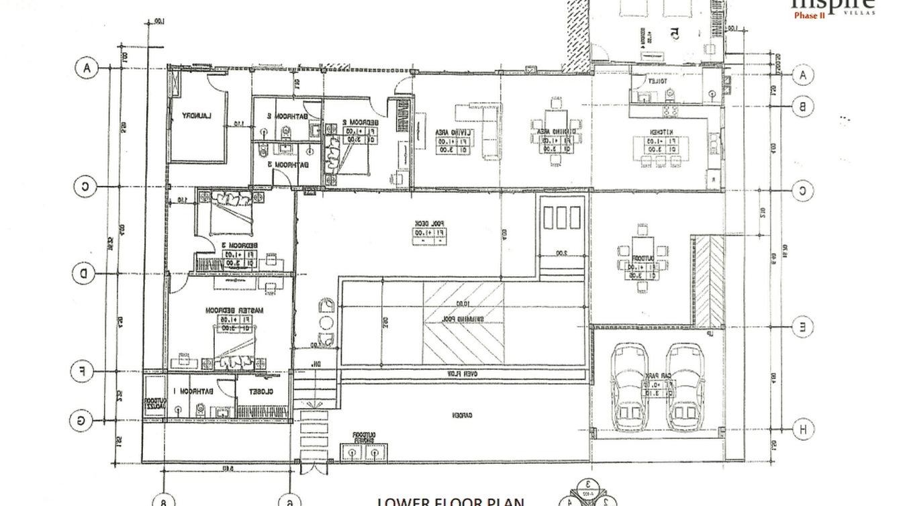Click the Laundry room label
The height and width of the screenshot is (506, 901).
pos(197,116)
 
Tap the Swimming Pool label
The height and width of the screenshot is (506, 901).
pos(463,319)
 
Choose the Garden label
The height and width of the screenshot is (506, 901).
pos(459,415)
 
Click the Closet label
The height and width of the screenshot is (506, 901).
pos(263,391)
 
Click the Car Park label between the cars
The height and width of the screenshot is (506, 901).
pos(657,376)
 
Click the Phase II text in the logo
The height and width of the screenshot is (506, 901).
pos(809,15)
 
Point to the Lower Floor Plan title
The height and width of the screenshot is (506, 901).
pos(450,501)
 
